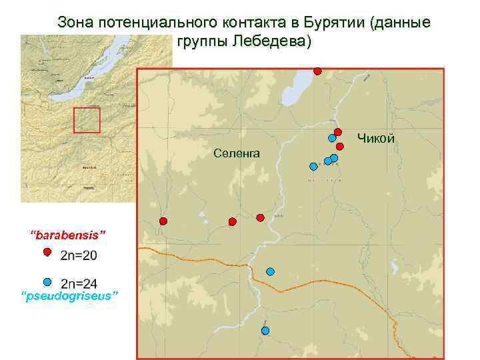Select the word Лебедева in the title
pos(270,42)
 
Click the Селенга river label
pos(237,154)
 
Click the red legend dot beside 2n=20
pos(47,252)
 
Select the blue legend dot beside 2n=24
pos(47,282)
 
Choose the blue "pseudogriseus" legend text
pos(69,295)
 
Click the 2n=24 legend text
pos(79,283)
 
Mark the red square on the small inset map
pos(87,120)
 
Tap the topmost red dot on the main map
pos(318,71)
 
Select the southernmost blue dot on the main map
pos(265,331)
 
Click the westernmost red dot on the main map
pos(163,221)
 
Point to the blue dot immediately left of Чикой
pos(331,138)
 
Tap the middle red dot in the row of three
pos(232,221)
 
